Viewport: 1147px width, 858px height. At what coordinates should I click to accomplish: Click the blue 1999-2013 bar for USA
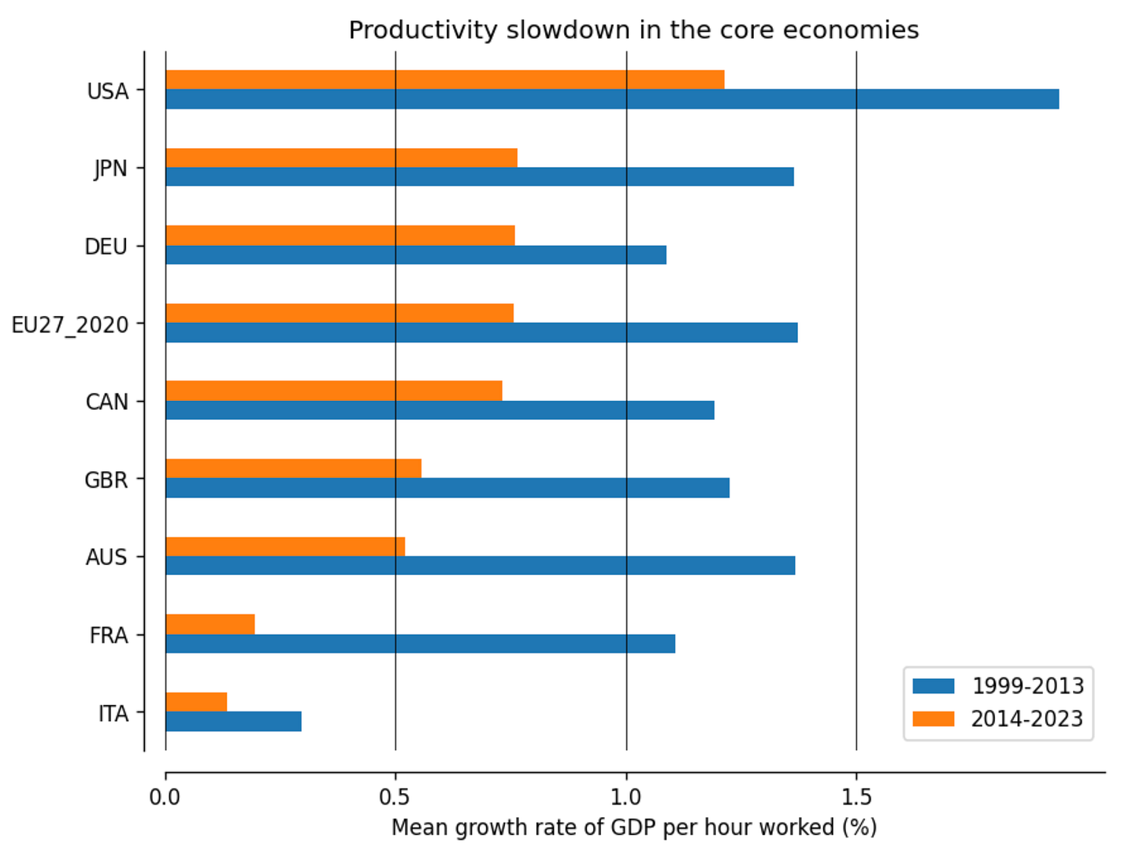pyautogui.click(x=611, y=98)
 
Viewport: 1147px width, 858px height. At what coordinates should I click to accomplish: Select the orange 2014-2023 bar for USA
pyautogui.click(x=444, y=80)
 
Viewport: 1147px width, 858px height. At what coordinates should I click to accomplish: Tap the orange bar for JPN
pyautogui.click(x=341, y=158)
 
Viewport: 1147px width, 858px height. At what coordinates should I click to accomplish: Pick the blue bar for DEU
pyautogui.click(x=416, y=254)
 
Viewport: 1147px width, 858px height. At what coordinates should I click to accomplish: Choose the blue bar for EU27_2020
pyautogui.click(x=481, y=332)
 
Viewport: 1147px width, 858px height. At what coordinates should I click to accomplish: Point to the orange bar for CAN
pyautogui.click(x=334, y=390)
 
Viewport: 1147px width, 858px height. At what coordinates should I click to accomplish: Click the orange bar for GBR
pyautogui.click(x=293, y=468)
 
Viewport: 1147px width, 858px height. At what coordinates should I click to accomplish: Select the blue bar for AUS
pyautogui.click(x=481, y=566)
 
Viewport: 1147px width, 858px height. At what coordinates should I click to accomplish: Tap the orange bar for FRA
pyautogui.click(x=210, y=624)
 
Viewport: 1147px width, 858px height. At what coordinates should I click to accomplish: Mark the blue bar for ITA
pyautogui.click(x=234, y=721)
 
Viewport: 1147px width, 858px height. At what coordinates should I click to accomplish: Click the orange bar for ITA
pyautogui.click(x=196, y=702)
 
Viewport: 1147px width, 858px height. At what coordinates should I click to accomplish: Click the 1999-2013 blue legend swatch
pyautogui.click(x=934, y=685)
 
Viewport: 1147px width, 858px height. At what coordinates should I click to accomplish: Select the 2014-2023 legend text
pyautogui.click(x=1026, y=719)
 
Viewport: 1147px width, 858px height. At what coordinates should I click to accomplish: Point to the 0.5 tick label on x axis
pyautogui.click(x=395, y=797)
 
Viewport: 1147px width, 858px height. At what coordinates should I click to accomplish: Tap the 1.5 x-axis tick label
pyautogui.click(x=856, y=797)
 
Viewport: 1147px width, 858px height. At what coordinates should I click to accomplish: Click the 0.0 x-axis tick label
pyautogui.click(x=165, y=797)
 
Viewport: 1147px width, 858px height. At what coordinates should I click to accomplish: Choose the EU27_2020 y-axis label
pyautogui.click(x=70, y=325)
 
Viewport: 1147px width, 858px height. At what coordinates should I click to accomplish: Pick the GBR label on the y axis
pyautogui.click(x=106, y=480)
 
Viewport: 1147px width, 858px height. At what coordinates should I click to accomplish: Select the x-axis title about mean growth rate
pyautogui.click(x=634, y=828)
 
